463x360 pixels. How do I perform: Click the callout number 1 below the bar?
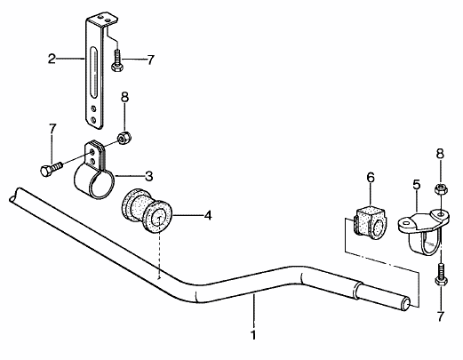pos(253,335)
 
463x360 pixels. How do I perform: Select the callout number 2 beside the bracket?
pos(52,59)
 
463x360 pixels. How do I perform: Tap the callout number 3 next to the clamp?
pos(148,176)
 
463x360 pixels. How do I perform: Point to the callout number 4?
pos(208,215)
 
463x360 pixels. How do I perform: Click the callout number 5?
pos(417,184)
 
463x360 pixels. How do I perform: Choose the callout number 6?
pos(371,178)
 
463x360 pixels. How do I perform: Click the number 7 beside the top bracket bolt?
pos(151,60)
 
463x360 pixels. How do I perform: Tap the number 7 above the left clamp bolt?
pos(52,129)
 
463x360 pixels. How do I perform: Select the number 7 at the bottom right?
pos(441,316)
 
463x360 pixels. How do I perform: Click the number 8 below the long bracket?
pos(125,97)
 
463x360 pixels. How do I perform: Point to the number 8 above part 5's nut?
pos(440,154)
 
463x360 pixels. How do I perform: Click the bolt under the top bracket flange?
pos(116,60)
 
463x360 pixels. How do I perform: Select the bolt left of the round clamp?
pos(51,169)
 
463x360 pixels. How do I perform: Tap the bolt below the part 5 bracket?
pos(441,275)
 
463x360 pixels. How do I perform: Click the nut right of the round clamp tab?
pos(124,138)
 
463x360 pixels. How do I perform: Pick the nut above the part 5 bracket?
pos(441,189)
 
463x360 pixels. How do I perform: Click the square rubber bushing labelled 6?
pos(371,223)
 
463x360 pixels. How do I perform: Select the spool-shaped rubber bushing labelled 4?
pos(148,210)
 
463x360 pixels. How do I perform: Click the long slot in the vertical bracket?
pos(94,71)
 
